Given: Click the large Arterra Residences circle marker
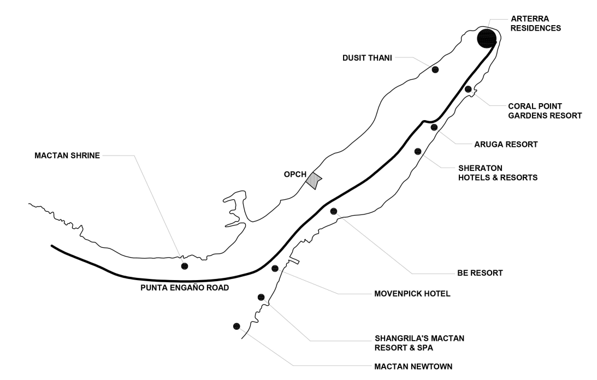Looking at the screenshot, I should coord(486,38).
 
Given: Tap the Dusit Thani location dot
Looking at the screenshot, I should coord(435,69).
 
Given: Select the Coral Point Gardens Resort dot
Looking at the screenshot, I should coord(468,89).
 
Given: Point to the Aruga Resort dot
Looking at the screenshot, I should coord(434,127).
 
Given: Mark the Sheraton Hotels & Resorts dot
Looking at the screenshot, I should coord(418,151).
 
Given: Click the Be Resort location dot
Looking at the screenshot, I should coord(334,211).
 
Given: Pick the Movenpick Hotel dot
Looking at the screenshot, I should coord(275,268).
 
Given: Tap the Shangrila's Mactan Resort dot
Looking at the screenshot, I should coord(261,297).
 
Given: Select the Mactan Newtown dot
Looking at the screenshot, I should coord(237,326).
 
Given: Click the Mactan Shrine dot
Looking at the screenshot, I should coord(185,266).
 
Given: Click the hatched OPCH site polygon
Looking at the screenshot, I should coord(313,180).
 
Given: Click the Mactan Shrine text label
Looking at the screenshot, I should coord(67,156).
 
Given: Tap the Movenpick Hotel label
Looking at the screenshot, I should coord(412,293).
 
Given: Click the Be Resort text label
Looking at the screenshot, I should coord(480,272).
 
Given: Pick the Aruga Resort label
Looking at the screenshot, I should coord(506,145).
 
